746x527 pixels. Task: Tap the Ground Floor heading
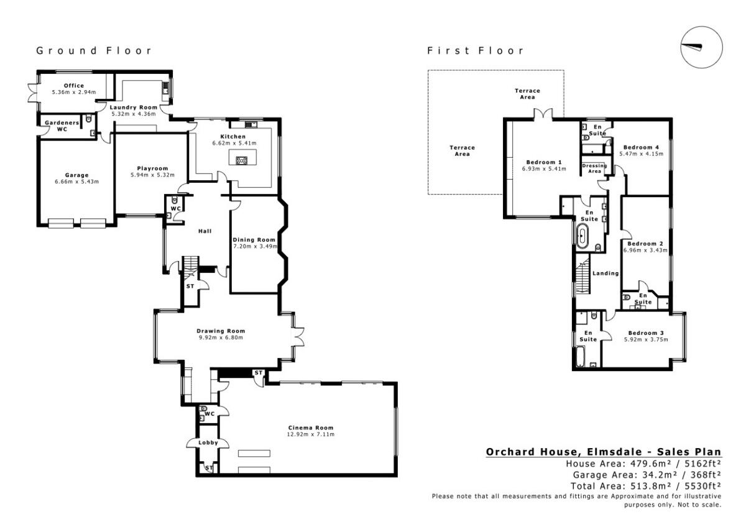(x=93, y=50)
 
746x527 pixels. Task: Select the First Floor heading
(x=476, y=50)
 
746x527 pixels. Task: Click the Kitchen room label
(x=233, y=137)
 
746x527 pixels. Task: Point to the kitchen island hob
(x=242, y=160)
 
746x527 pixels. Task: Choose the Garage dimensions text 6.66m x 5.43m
(x=76, y=181)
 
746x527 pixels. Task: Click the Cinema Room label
(x=310, y=428)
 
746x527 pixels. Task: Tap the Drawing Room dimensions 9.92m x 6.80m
(x=221, y=337)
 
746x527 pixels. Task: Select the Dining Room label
(x=254, y=239)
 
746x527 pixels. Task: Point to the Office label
(x=73, y=86)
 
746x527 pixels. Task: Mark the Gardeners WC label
(x=62, y=126)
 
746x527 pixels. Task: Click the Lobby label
(x=208, y=442)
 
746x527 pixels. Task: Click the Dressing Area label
(x=594, y=168)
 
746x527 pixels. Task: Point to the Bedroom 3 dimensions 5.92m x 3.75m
(x=646, y=339)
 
